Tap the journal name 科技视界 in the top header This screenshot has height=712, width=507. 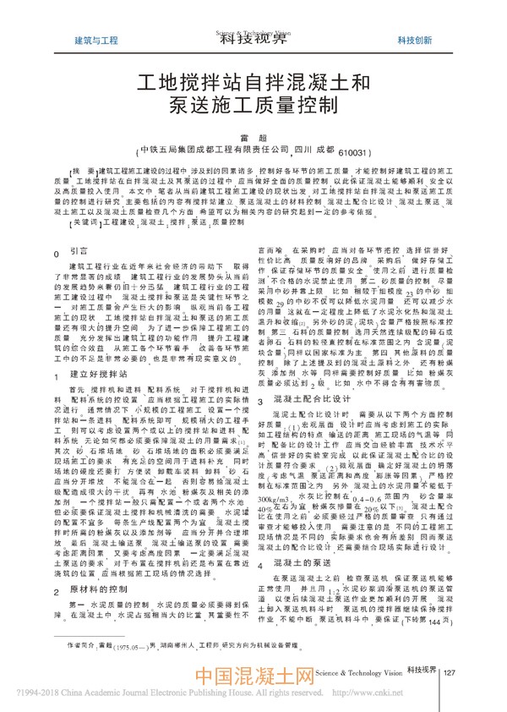(253, 36)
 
